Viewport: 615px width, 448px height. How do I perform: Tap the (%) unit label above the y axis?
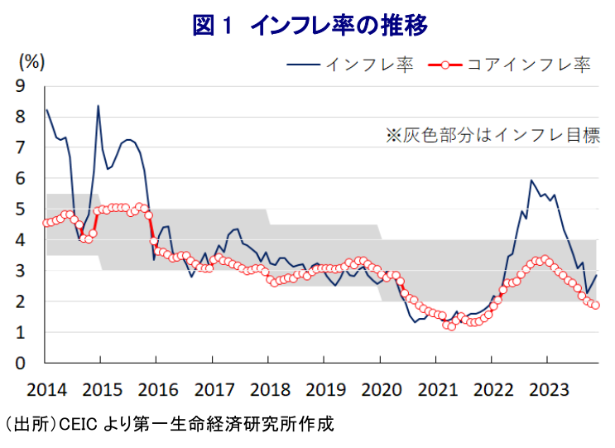click(x=32, y=62)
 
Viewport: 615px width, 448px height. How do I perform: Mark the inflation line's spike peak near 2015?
click(x=98, y=106)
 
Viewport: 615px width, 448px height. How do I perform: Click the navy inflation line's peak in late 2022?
click(x=531, y=180)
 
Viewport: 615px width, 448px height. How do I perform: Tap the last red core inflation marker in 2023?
click(x=595, y=305)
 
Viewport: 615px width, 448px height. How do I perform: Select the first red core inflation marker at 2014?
click(x=46, y=223)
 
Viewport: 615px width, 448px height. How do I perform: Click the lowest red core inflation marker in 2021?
click(x=451, y=326)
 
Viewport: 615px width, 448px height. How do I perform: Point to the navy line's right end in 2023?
click(x=596, y=276)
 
